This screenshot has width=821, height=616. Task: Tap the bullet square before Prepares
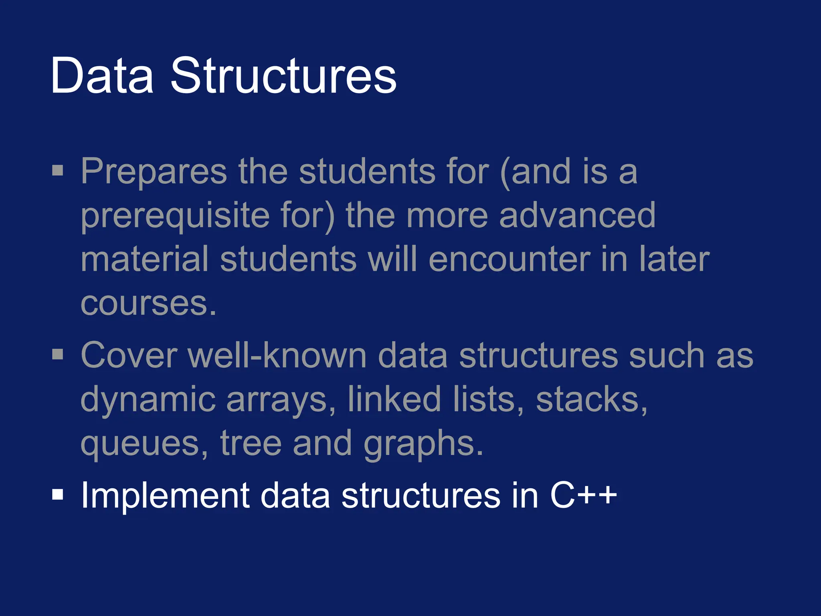pyautogui.click(x=58, y=170)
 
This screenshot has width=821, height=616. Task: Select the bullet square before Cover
pyautogui.click(x=58, y=355)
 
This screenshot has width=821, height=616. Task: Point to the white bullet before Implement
pyautogui.click(x=58, y=495)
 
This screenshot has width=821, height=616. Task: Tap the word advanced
pyautogui.click(x=577, y=216)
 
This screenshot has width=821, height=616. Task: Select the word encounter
pyautogui.click(x=509, y=260)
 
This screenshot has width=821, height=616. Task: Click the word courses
pyautogui.click(x=148, y=304)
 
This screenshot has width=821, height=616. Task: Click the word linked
pyautogui.click(x=394, y=399)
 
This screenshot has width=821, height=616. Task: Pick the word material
pyautogui.click(x=145, y=260)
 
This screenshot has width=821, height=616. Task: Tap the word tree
pyautogui.click(x=251, y=444)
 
